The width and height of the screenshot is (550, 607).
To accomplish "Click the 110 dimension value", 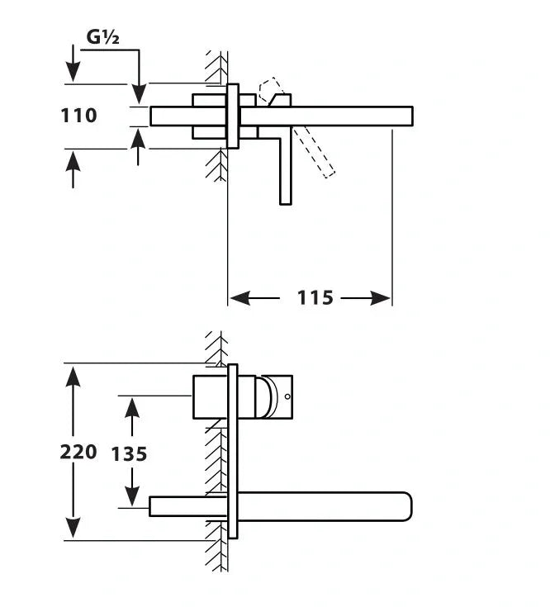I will click(x=78, y=116).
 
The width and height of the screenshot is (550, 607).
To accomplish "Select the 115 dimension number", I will click(x=315, y=297).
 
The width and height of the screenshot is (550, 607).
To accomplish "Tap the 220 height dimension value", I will click(x=78, y=452).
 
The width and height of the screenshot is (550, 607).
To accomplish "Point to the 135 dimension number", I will click(x=129, y=453).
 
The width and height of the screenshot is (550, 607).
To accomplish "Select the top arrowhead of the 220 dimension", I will click(x=73, y=375).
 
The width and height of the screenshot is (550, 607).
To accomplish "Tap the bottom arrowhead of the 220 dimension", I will click(x=73, y=527).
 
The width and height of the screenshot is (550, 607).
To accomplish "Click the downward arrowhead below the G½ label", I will click(x=139, y=92).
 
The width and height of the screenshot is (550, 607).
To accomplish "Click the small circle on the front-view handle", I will click(x=287, y=397).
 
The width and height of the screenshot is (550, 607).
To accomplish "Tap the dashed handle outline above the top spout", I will click(x=269, y=88).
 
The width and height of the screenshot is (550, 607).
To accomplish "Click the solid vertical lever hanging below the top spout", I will click(x=286, y=165).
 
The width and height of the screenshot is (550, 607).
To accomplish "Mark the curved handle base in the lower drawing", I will click(x=265, y=396).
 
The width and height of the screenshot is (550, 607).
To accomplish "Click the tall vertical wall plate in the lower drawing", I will click(x=233, y=451).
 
